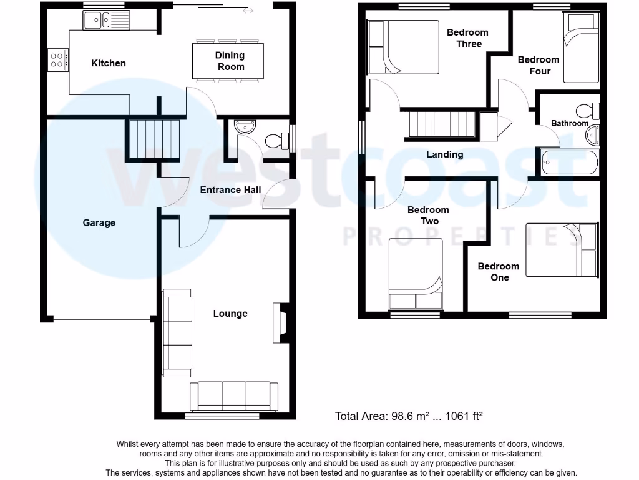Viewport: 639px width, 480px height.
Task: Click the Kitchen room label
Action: coord(109,63)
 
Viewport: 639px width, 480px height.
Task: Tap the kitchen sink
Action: coord(105,21)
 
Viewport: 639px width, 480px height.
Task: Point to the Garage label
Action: coord(99,222)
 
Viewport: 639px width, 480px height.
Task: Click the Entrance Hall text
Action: coord(230,190)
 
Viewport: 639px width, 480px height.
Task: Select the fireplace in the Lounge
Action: coord(280,323)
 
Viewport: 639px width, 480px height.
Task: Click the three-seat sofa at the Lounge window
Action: coord(234,396)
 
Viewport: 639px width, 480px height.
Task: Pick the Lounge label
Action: coord(230,314)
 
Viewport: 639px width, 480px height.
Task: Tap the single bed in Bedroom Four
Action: coord(580,49)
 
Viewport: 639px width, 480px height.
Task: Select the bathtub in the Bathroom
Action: coord(569,162)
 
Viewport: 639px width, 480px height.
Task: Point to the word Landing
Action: coord(445,154)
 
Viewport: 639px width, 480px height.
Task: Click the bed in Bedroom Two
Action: coord(416,274)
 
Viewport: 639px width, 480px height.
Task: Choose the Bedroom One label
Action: coord(499,272)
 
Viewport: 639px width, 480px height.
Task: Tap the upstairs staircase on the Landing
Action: coord(443,123)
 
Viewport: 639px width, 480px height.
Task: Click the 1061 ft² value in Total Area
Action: coord(462,416)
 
